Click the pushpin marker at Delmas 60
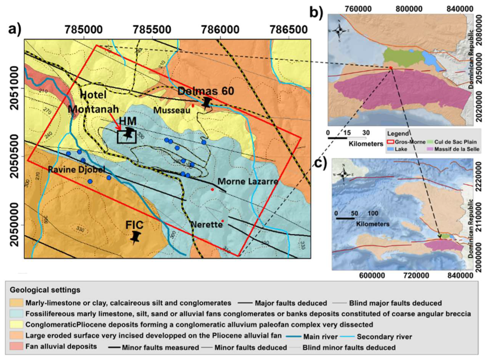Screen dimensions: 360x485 point(207,102)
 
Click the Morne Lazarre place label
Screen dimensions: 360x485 point(248,182)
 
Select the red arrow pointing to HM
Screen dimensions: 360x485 point(114,123)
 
